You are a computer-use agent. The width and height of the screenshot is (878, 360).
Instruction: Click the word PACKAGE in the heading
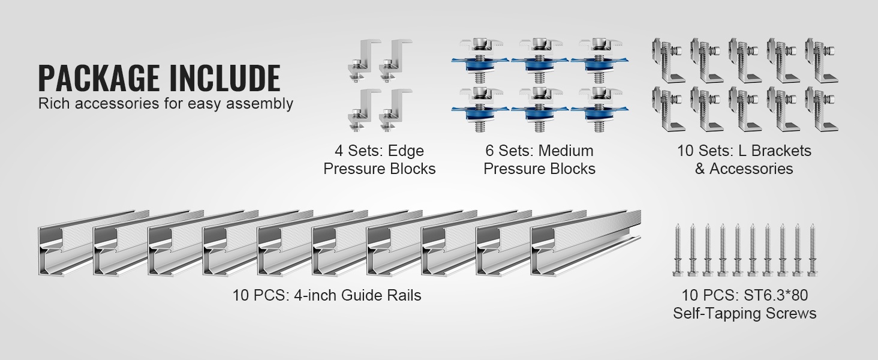click(99, 79)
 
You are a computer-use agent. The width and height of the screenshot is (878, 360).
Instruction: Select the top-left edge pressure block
click(364, 61)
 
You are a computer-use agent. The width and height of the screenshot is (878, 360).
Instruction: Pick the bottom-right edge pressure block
click(395, 110)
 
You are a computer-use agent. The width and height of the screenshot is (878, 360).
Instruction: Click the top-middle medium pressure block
click(540, 61)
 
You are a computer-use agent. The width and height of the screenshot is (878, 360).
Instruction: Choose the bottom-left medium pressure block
click(480, 109)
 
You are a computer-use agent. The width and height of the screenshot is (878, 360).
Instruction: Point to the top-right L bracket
click(822, 61)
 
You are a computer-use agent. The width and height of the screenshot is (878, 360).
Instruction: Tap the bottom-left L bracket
click(668, 109)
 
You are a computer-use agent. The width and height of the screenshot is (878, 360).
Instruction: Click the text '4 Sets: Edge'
click(380, 151)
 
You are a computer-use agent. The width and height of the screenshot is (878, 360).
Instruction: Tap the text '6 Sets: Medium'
click(539, 151)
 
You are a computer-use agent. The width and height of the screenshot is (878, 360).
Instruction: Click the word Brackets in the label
click(780, 151)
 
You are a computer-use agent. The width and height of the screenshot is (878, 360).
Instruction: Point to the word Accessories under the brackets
click(751, 169)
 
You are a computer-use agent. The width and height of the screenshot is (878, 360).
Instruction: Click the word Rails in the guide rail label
click(404, 295)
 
